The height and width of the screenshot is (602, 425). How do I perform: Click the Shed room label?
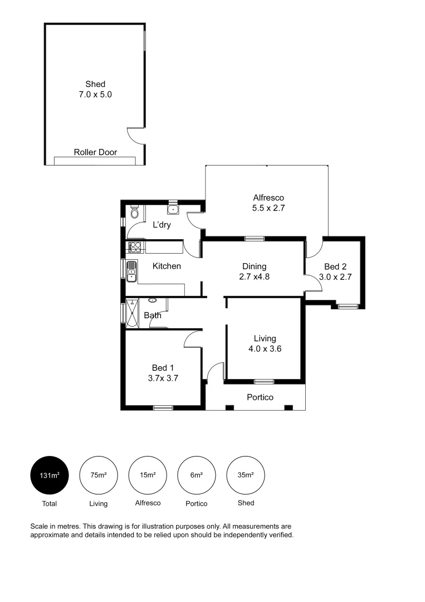click(95, 85)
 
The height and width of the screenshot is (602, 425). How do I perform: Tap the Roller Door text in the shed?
click(95, 152)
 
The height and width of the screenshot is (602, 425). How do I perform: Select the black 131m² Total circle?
click(49, 475)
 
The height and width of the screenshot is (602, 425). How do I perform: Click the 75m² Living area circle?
click(98, 475)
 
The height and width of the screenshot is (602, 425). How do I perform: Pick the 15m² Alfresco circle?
click(147, 475)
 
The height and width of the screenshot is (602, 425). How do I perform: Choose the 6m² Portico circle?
click(196, 475)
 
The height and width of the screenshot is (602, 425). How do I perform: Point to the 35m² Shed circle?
click(246, 475)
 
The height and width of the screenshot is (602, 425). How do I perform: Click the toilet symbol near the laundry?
click(134, 212)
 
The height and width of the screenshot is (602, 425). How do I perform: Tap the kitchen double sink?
click(131, 271)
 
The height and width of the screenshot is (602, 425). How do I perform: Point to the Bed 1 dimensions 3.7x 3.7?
click(163, 377)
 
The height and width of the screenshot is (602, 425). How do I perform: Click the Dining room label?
click(254, 266)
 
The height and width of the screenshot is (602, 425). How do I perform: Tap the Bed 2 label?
click(334, 266)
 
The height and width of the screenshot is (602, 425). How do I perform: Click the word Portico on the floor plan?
click(260, 397)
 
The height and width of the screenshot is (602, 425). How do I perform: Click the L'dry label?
click(162, 225)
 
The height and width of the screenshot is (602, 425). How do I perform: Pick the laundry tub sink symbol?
click(173, 210)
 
